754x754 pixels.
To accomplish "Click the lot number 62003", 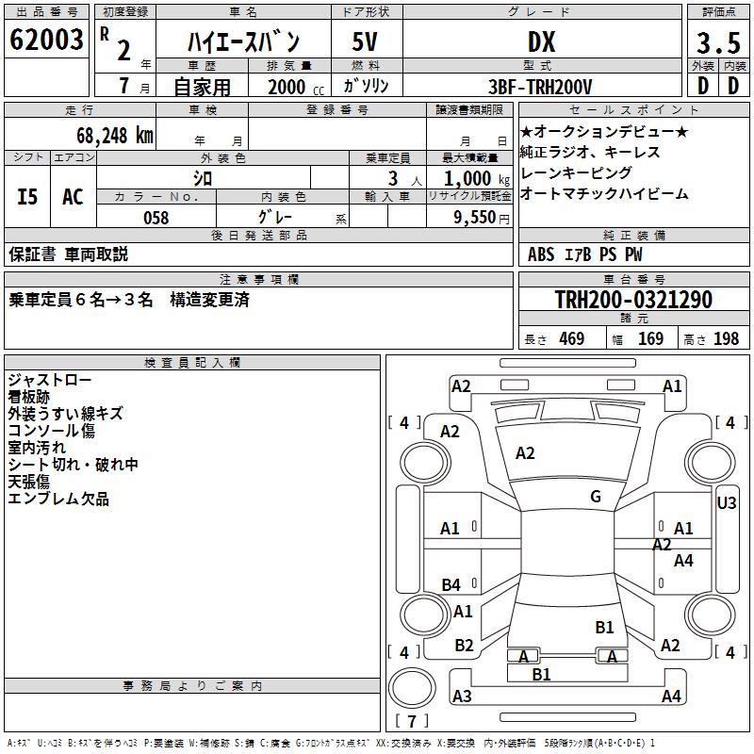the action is (x=46, y=41).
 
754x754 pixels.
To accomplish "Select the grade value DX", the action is (x=541, y=41).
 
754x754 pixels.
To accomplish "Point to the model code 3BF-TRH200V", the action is (x=541, y=87).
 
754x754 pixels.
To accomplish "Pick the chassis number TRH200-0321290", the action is (x=632, y=300).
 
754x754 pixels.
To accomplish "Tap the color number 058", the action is (x=156, y=217).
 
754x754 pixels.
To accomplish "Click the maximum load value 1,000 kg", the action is (x=471, y=178).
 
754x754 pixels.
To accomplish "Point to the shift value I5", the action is (x=28, y=196).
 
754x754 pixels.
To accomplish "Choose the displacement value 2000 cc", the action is (x=287, y=87).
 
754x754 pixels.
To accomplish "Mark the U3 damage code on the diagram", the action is (x=727, y=502).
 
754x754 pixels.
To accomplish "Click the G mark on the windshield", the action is (x=595, y=497).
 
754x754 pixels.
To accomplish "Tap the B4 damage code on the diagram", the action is (x=451, y=585).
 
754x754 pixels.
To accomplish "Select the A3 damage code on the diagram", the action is (x=462, y=697).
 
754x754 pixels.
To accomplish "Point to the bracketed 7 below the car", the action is (x=411, y=721).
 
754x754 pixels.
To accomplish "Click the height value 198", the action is (x=726, y=338).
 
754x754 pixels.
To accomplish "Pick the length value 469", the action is (x=571, y=338).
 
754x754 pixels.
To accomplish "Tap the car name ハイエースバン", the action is (x=243, y=41).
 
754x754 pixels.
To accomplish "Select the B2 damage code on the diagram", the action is (x=464, y=646).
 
